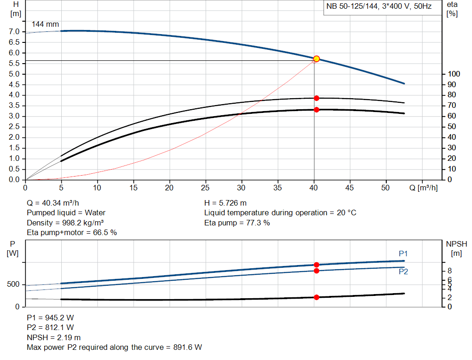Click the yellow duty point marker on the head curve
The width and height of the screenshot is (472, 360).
point(316,59)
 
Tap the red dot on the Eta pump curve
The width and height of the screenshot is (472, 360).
point(317,98)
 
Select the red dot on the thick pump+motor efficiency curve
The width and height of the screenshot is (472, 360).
point(317,110)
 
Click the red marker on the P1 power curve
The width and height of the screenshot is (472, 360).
point(317,265)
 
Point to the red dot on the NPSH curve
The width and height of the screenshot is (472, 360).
point(317,297)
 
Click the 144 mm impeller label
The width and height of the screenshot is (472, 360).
point(45,24)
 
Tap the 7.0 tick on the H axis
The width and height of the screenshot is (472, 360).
point(14,32)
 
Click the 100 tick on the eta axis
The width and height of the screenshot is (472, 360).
point(454,74)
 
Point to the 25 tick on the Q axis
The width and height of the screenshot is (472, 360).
point(206,188)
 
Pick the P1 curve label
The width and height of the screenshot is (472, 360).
point(403,254)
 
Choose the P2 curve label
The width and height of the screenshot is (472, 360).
point(403,271)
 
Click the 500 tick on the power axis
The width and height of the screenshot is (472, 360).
point(12,284)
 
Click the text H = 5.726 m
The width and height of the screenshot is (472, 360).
point(226,203)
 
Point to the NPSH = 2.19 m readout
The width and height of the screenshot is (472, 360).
point(53,337)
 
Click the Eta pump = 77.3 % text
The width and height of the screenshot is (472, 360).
point(237,223)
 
